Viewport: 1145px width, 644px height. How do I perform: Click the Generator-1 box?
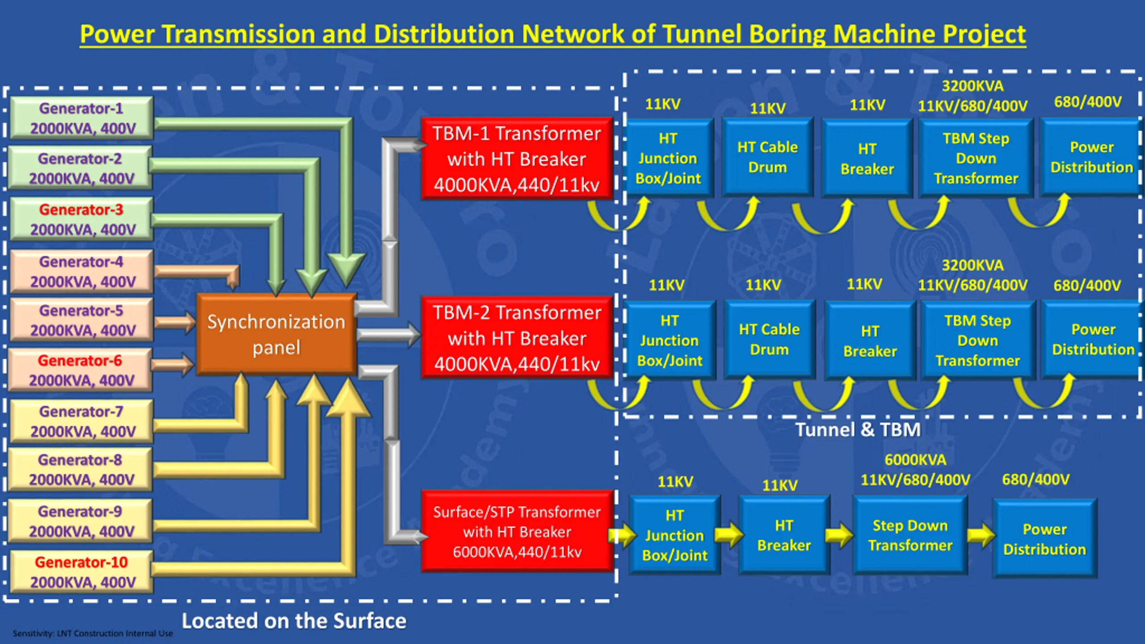82,118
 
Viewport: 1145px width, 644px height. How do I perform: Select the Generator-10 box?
82,572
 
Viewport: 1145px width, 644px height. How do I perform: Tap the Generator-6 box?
81,370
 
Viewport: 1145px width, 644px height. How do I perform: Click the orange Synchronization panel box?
276,334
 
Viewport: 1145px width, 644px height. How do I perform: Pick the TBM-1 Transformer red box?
517,159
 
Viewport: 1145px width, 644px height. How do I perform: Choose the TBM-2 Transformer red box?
517,338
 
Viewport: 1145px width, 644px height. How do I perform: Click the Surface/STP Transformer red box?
517,532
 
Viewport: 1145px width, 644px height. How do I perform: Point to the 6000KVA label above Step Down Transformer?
916,460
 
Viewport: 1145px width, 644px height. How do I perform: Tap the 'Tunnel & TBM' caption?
858,430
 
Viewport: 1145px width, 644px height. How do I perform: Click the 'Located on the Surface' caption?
294,621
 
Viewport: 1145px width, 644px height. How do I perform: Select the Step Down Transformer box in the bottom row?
910,535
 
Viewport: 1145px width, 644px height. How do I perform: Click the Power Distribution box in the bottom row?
1045,538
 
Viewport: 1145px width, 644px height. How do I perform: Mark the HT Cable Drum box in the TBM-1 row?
768,157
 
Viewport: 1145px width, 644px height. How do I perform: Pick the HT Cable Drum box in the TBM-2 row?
769,339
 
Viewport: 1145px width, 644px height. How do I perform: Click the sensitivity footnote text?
93,633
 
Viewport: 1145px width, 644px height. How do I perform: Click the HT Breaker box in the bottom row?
784,535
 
